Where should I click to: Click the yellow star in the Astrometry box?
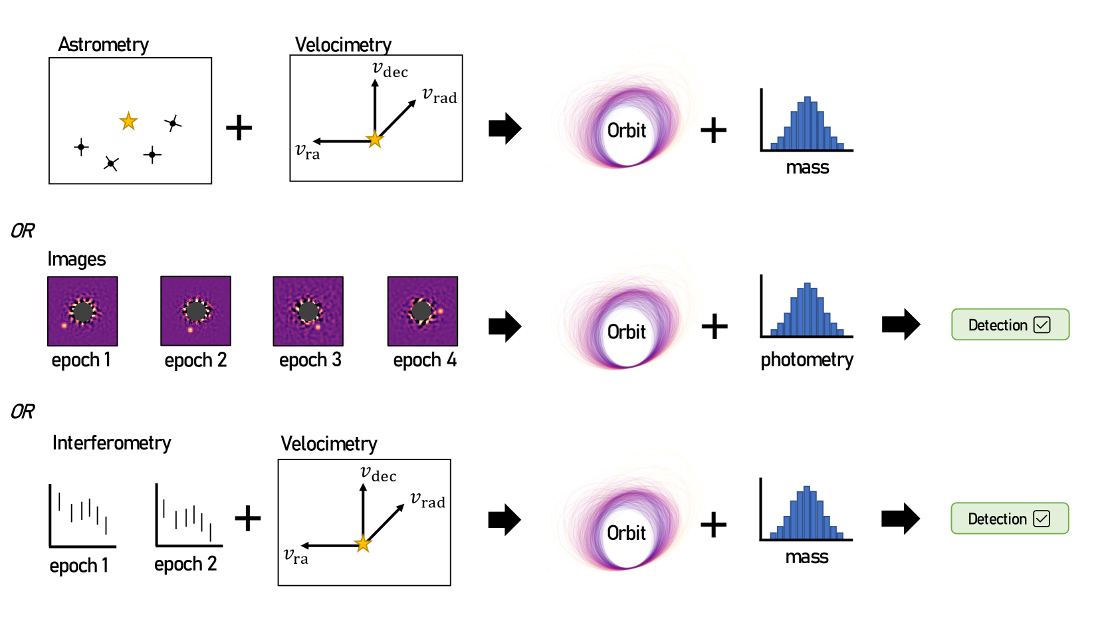128,121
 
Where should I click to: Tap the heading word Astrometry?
103,45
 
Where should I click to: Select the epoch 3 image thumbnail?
308,311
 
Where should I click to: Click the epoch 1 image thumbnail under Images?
82,311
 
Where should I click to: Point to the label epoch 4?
425,360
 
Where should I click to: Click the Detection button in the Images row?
1010,324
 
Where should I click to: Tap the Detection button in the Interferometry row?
1009,519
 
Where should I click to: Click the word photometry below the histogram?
806,360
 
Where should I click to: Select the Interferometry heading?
112,443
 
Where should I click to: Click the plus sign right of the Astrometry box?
239,128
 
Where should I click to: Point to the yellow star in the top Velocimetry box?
375,140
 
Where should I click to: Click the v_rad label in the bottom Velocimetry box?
427,500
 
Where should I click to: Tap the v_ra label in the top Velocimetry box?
308,152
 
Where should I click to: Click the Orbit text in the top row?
626,130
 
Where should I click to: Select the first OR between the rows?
23,231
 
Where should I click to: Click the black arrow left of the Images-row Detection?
901,324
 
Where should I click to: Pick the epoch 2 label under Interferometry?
185,564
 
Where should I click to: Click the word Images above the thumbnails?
76,259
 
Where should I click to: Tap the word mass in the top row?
807,168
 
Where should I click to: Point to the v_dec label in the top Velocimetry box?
390,70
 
